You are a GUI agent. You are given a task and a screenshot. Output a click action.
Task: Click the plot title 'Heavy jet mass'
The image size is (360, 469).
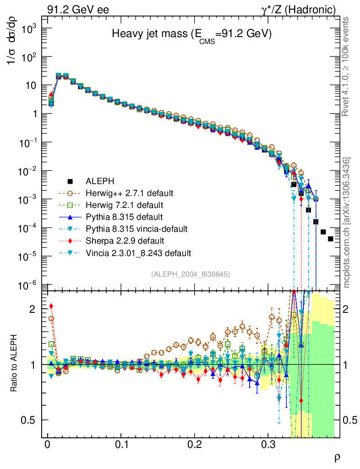click(x=192, y=35)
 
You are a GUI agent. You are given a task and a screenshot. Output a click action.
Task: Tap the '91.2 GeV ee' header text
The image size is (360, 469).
click(x=78, y=9)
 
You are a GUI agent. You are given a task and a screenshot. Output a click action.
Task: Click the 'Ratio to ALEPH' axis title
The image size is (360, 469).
click(x=15, y=365)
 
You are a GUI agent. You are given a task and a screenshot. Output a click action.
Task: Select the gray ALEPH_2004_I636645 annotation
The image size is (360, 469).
click(x=190, y=274)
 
